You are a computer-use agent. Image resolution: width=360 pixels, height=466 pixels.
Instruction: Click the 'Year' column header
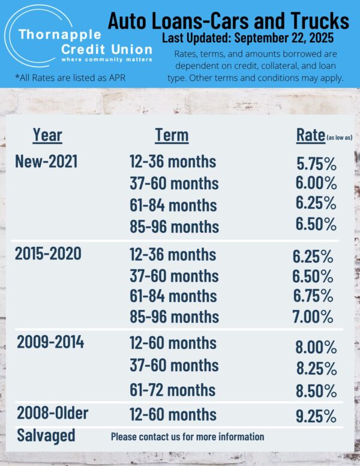click(x=47, y=135)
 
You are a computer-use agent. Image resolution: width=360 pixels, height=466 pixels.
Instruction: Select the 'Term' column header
click(x=172, y=135)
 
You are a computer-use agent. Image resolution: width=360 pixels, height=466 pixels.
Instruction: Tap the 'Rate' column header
click(x=311, y=135)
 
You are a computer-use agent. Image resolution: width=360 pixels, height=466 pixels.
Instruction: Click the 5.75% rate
click(x=316, y=164)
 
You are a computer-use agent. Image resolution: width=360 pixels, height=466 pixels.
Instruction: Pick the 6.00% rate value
click(x=316, y=184)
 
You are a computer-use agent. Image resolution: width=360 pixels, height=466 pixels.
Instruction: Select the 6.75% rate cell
click(x=313, y=296)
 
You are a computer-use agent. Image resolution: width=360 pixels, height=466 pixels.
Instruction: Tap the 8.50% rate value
click(x=316, y=391)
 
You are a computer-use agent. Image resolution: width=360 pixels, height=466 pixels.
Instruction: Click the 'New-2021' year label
click(x=46, y=161)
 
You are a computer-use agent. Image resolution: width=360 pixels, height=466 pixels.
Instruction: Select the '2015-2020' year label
click(x=48, y=253)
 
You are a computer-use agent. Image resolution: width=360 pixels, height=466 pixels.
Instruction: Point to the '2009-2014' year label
click(x=50, y=343)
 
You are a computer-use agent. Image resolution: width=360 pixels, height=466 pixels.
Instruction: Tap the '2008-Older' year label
click(x=53, y=413)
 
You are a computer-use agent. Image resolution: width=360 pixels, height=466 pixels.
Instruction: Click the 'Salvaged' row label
click(x=46, y=435)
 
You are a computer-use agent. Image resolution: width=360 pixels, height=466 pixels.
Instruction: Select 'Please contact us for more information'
click(x=187, y=437)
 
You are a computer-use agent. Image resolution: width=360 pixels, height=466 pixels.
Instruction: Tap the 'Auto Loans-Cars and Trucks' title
click(x=228, y=22)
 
